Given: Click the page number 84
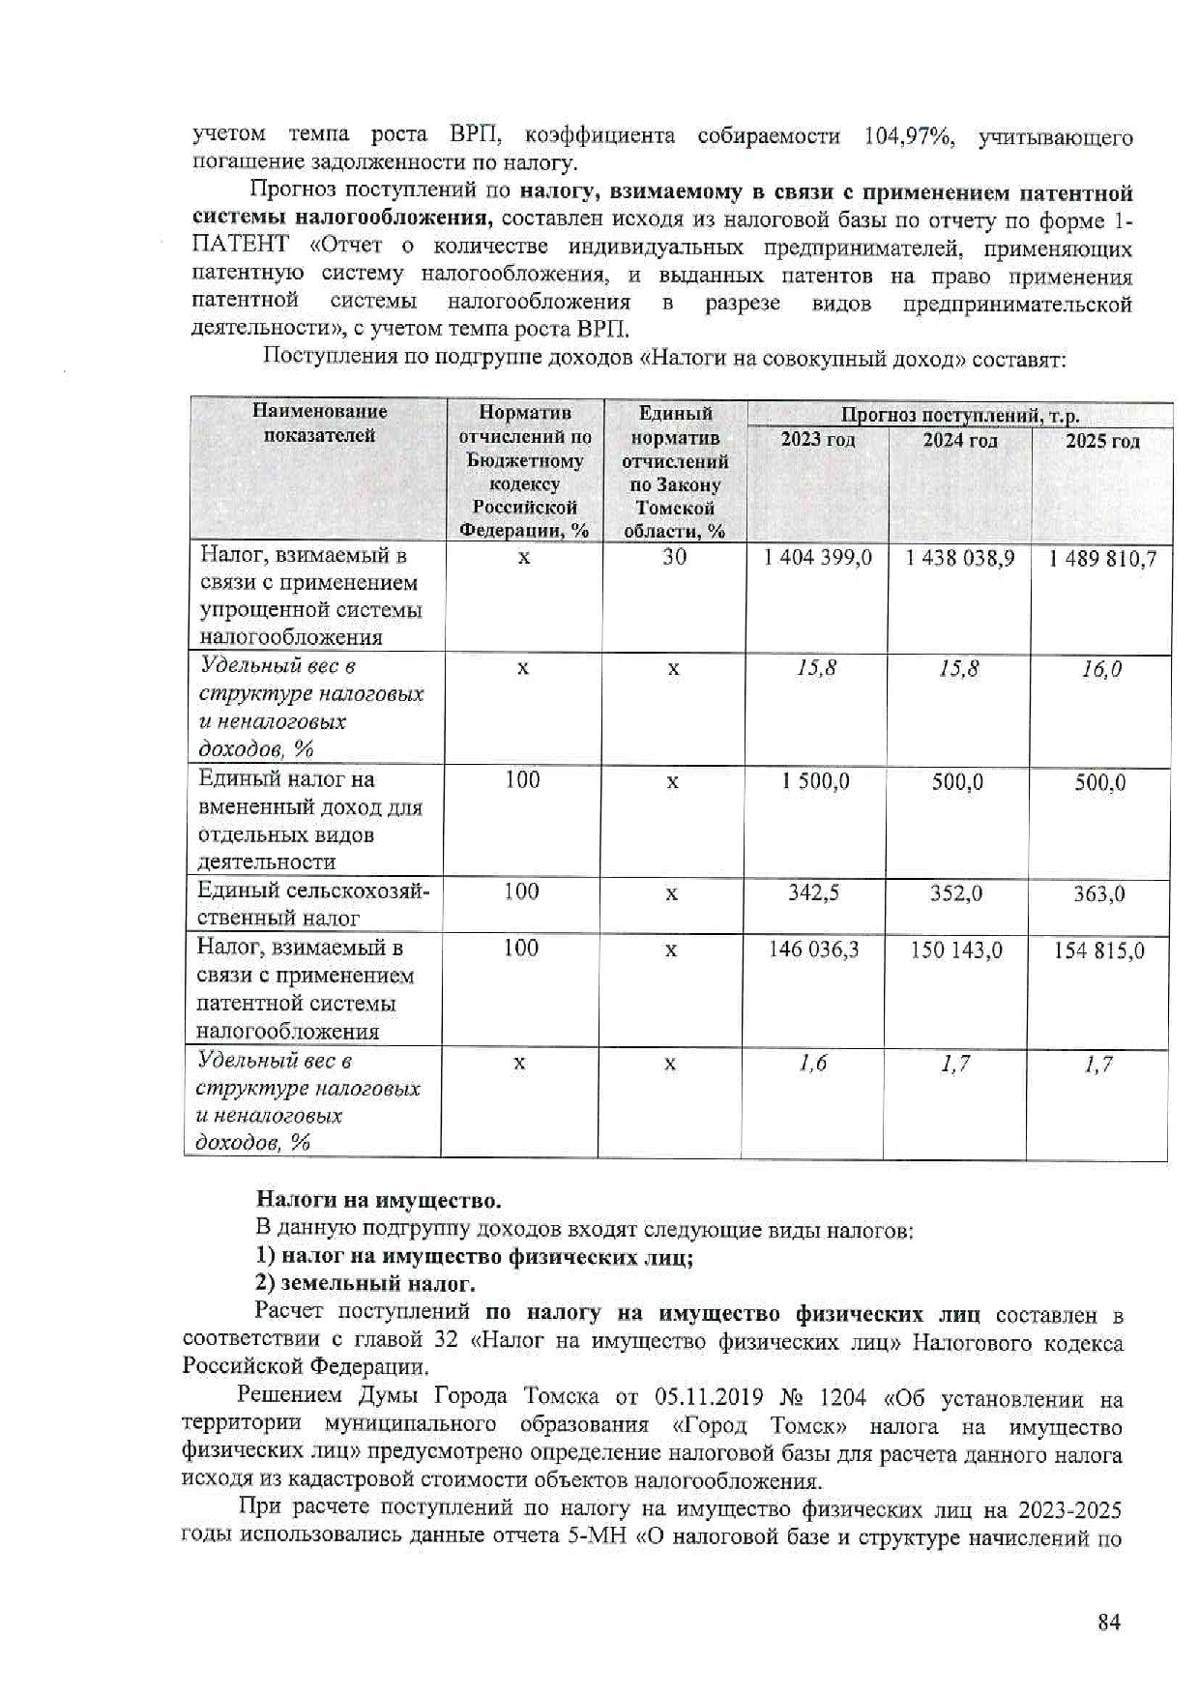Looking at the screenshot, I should pos(1108,1622).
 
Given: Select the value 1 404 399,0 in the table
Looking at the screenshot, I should pos(817,558).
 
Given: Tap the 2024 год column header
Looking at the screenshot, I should pos(959,441).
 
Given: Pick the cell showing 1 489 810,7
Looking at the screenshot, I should pos(1102,559).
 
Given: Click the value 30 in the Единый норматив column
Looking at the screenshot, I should pos(674,557).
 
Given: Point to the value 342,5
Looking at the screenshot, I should pos(813,892).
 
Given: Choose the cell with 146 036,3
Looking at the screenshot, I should pos(813,950).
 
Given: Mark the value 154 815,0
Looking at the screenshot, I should pos(1098,950).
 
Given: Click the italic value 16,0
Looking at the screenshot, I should pos(1101,669).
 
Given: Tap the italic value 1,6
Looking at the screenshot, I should pos(813,1064).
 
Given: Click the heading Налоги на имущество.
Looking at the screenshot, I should pos(378,1201).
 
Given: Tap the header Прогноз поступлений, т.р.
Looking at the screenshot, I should pos(959,416).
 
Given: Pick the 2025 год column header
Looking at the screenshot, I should pos(1102,442).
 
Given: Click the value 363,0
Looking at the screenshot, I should pos(1098,894).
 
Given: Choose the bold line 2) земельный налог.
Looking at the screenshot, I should pos(365,1284).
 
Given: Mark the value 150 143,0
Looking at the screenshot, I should pos(955,950).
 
